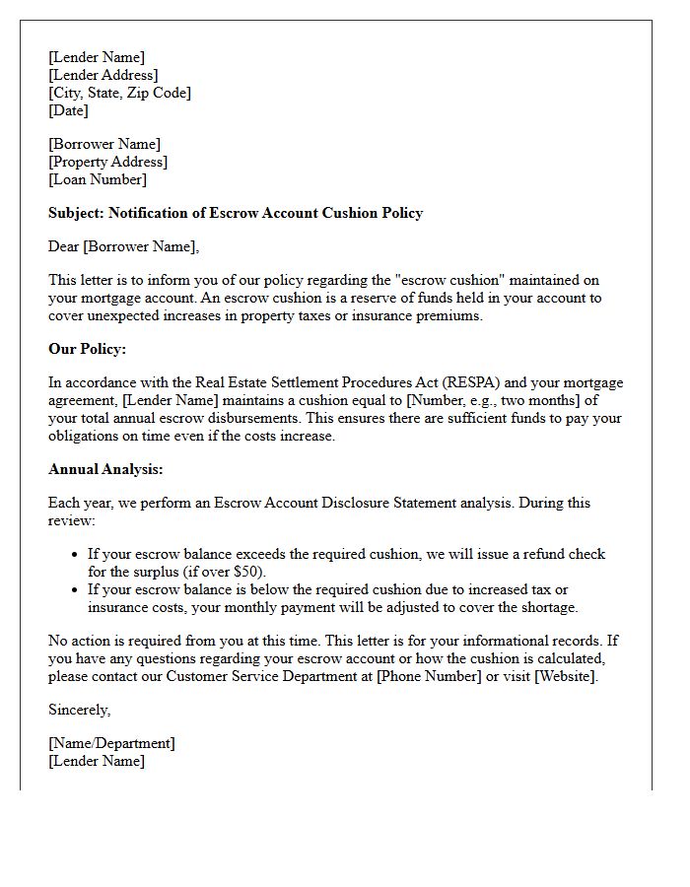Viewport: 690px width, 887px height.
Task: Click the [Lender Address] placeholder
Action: pos(103,75)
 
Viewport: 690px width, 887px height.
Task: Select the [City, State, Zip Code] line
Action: pos(119,93)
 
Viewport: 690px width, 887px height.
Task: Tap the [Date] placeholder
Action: pos(68,110)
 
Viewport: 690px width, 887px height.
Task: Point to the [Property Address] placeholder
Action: pos(107,162)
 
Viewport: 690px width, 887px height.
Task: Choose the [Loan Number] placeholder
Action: pos(97,179)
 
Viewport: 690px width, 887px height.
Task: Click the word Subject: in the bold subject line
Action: pos(76,213)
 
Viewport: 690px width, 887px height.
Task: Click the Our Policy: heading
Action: pos(87,349)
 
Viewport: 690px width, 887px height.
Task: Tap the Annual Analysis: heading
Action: pos(105,469)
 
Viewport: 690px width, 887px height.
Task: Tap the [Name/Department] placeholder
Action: pos(111,743)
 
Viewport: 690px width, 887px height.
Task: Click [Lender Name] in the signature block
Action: pos(96,761)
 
